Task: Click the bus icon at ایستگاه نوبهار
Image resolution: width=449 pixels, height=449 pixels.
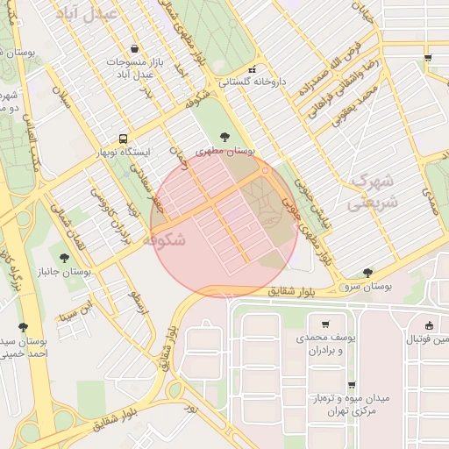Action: pyautogui.click(x=122, y=139)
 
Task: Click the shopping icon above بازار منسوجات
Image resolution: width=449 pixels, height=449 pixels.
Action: pyautogui.click(x=133, y=49)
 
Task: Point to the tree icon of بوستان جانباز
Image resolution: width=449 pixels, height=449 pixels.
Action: pyautogui.click(x=65, y=257)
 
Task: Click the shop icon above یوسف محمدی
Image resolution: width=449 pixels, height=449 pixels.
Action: pyautogui.click(x=325, y=324)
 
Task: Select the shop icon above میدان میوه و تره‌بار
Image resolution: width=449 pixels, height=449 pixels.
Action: pyautogui.click(x=351, y=385)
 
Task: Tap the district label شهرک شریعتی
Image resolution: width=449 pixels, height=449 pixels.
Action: pyautogui.click(x=372, y=190)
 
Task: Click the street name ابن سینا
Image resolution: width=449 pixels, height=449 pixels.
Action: pyautogui.click(x=75, y=310)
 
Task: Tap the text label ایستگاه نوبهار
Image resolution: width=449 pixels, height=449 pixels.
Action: pyautogui.click(x=122, y=153)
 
